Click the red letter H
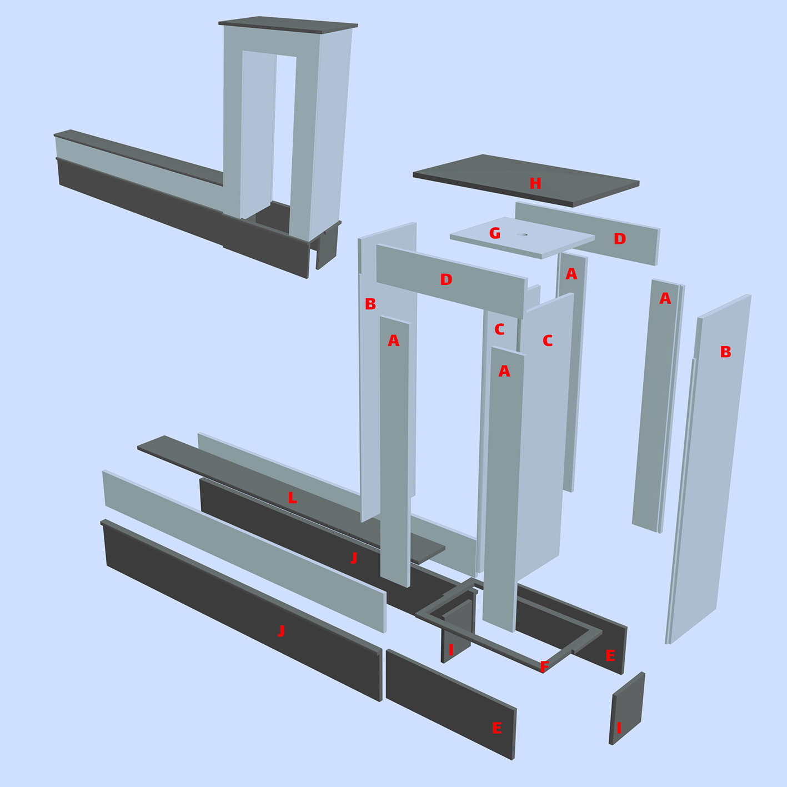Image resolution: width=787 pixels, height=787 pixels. coord(535,183)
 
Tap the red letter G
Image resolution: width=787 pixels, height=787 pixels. coord(494,233)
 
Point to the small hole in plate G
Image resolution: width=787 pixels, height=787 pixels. coord(522,235)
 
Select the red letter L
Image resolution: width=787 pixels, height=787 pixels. coord(292,498)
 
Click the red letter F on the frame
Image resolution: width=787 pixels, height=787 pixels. coord(544,667)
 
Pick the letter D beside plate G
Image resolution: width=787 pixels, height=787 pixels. coord(620,239)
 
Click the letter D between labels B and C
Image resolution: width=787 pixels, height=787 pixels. coord(446,279)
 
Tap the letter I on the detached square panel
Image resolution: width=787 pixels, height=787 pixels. coord(619,728)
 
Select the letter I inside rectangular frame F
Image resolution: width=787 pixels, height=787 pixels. coord(451,650)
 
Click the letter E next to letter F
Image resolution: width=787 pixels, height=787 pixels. coord(610,655)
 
